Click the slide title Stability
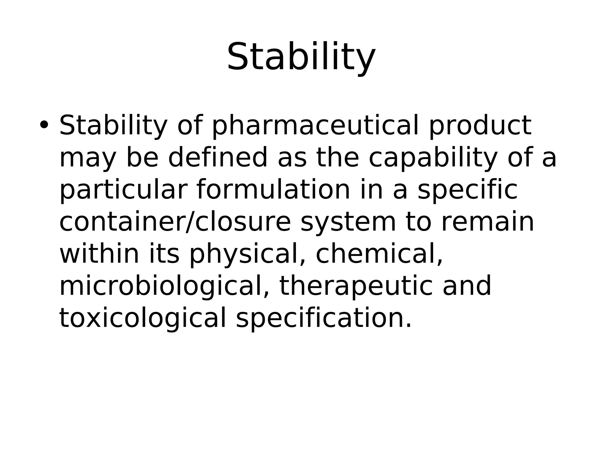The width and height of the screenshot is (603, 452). pyautogui.click(x=301, y=56)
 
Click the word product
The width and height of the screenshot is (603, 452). pyautogui.click(x=480, y=126)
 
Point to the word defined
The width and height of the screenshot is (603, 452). pyautogui.click(x=218, y=158)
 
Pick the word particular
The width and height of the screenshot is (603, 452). pyautogui.click(x=123, y=190)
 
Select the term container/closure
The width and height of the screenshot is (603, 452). pyautogui.click(x=175, y=222)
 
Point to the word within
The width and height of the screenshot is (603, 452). pyautogui.click(x=99, y=254)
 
